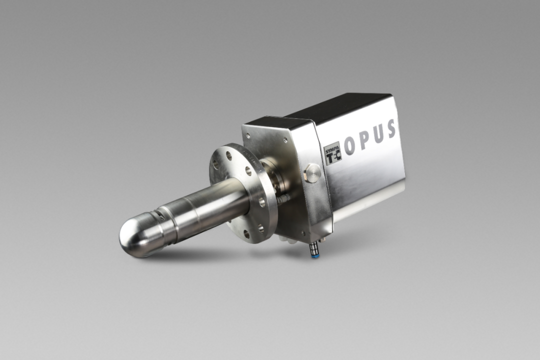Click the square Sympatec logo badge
pyautogui.click(x=333, y=152)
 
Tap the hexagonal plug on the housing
pyautogui.click(x=312, y=172)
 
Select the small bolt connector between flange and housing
pyautogui.click(x=285, y=198)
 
